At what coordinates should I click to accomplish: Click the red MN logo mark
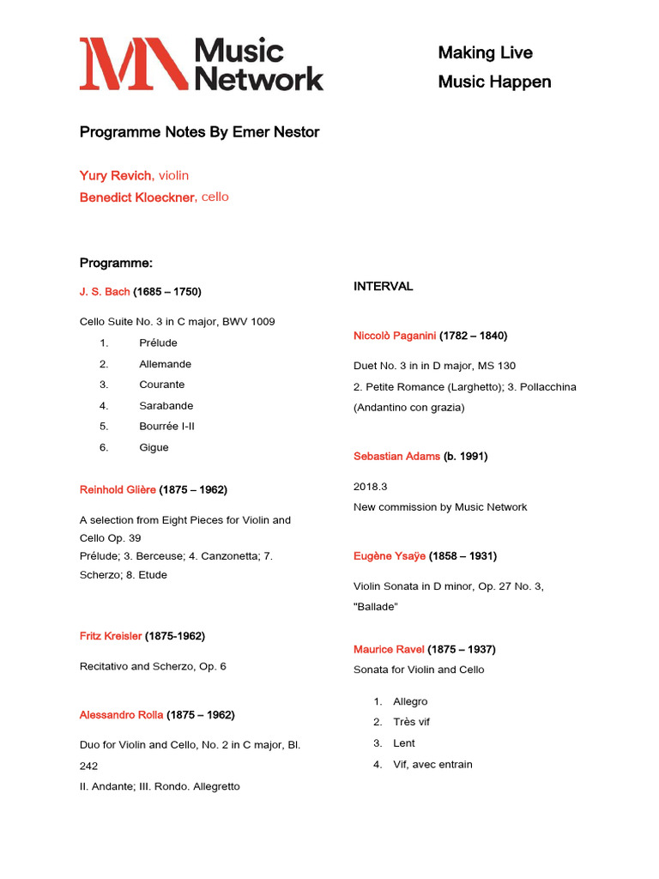(133, 64)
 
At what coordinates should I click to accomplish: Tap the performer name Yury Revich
(117, 176)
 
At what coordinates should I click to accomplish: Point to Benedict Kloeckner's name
(138, 197)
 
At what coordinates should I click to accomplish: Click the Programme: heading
(116, 263)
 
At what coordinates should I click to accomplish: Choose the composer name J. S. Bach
(105, 292)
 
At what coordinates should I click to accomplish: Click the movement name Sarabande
(166, 406)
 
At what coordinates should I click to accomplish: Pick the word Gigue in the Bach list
(154, 447)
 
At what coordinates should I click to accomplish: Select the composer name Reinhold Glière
(118, 490)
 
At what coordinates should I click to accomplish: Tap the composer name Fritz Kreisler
(111, 636)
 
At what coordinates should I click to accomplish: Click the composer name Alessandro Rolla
(121, 715)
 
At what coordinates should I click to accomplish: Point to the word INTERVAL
(384, 287)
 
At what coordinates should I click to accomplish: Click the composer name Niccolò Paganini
(395, 336)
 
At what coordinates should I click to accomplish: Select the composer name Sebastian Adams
(396, 457)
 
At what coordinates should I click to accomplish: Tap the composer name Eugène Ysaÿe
(390, 556)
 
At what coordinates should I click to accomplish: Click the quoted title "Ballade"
(376, 607)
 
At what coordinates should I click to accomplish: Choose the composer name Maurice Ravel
(389, 650)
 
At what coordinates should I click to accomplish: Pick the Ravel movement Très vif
(412, 723)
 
